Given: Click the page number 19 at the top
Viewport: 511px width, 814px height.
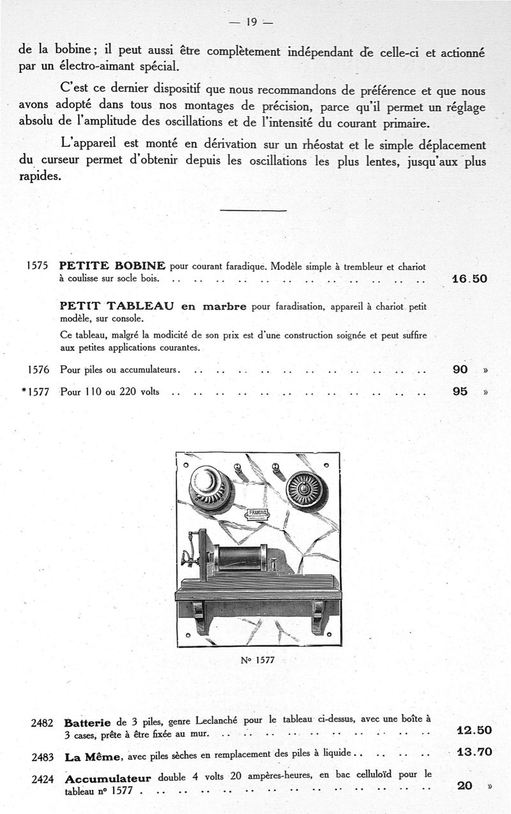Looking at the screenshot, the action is (251, 22).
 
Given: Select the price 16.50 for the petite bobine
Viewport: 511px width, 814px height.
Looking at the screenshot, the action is (469, 279).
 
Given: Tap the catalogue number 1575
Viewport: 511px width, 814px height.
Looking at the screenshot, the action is (38, 266).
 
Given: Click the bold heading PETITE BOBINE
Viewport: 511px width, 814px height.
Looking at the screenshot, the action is (112, 266).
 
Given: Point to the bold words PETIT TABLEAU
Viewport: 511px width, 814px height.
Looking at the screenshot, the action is (117, 306).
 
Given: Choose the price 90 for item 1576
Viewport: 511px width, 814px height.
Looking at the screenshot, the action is (460, 370).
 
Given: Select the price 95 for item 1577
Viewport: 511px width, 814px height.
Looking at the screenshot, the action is (460, 391).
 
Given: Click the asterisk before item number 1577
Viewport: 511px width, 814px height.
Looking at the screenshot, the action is (24, 391).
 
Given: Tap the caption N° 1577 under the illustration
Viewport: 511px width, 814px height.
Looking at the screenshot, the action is (257, 659).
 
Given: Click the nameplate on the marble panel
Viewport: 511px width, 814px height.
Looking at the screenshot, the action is (258, 513).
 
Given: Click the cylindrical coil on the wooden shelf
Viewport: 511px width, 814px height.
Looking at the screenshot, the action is (240, 557).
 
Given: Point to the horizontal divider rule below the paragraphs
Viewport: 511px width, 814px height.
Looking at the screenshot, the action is (253, 210).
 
